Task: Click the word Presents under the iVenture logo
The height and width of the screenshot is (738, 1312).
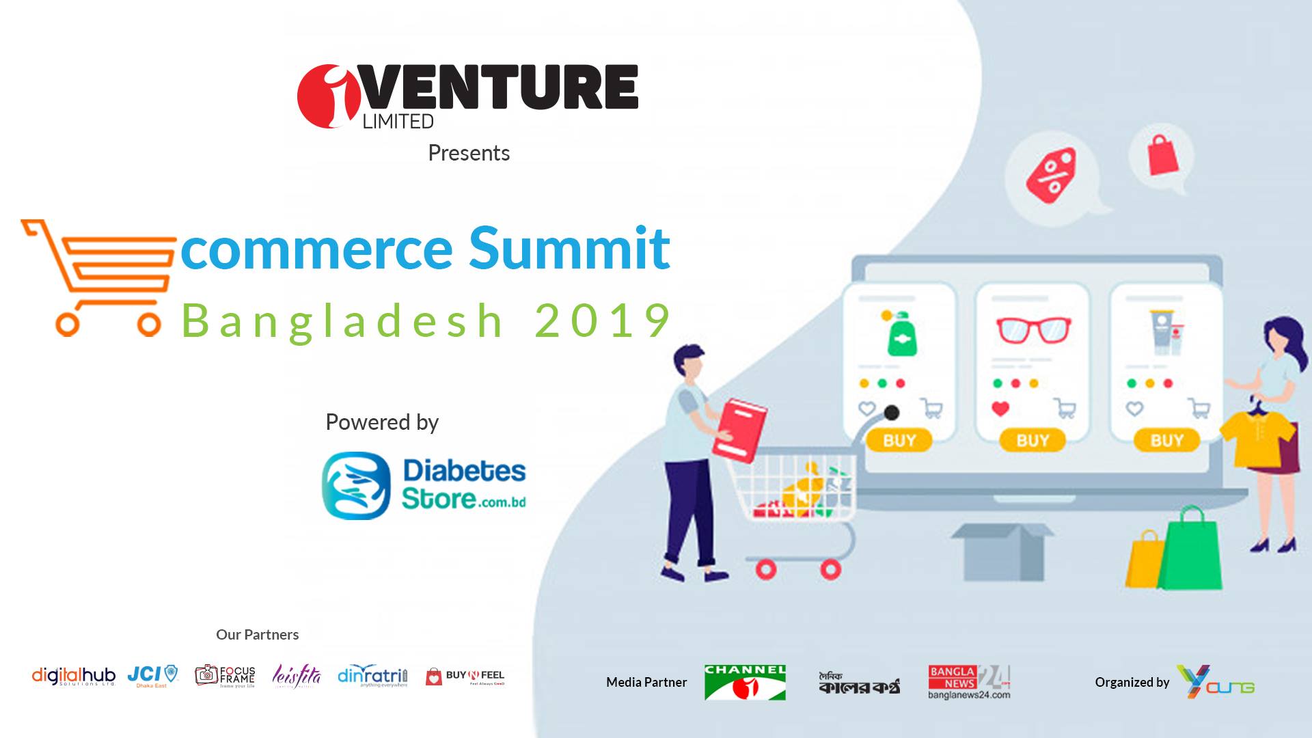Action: click(x=469, y=153)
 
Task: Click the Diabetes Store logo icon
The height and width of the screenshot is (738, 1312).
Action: click(x=356, y=485)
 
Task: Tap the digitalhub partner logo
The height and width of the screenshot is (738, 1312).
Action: click(x=74, y=676)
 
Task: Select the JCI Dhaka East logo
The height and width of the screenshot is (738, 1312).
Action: click(x=152, y=676)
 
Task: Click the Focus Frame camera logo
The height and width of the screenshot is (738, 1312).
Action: click(x=225, y=676)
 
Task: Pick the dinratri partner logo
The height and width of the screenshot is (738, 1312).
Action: click(x=372, y=676)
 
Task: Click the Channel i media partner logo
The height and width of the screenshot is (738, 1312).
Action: click(x=745, y=682)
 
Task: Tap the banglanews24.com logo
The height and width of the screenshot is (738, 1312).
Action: click(x=968, y=682)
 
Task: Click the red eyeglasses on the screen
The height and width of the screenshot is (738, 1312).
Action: click(x=1033, y=330)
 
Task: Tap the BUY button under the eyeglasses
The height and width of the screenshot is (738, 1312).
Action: click(x=1032, y=441)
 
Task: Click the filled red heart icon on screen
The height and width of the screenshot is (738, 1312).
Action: click(x=1000, y=409)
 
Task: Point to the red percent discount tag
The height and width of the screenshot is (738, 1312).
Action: click(x=1051, y=175)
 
